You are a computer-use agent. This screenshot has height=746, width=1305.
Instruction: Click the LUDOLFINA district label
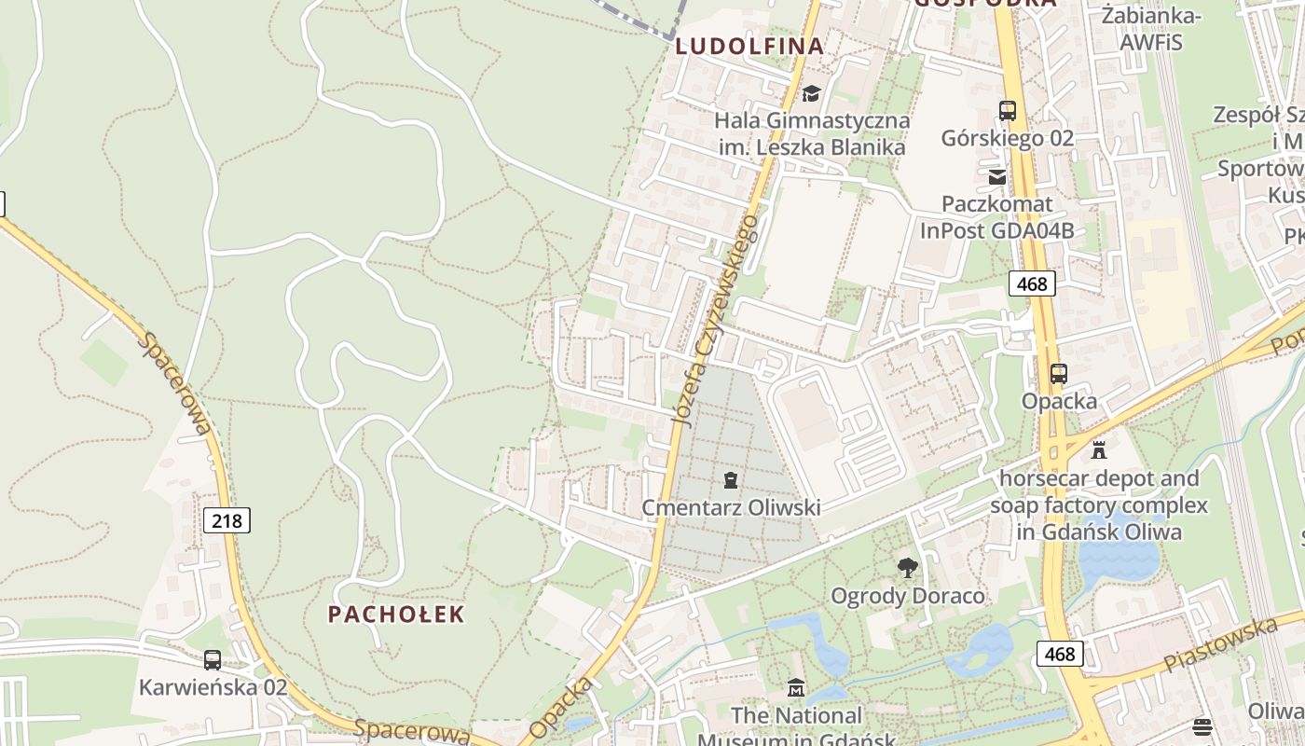pos(749,46)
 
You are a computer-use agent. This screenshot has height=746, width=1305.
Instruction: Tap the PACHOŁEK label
pos(395,614)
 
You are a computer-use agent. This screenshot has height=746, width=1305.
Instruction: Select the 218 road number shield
pos(227,520)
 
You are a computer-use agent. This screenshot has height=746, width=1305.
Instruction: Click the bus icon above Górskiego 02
pos(1008,110)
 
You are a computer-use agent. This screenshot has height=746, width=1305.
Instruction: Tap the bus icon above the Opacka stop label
pos(1059,374)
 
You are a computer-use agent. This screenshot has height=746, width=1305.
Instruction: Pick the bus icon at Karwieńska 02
pos(213,660)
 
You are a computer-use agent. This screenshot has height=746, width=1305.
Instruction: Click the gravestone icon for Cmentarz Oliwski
pos(731,480)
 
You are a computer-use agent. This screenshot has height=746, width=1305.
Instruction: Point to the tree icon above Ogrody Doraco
pos(907,567)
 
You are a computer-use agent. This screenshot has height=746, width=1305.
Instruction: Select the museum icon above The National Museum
pos(795,688)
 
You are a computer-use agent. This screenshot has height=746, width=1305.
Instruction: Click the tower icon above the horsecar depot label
pos(1099,450)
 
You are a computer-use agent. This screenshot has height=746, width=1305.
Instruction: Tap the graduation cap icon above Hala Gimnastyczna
pos(811,93)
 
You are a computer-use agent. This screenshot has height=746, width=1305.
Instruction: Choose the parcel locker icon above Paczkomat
pos(997,176)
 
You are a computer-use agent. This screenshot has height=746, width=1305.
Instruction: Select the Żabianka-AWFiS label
pos(1151,27)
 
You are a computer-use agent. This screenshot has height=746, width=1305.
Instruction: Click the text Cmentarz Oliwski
pos(731,507)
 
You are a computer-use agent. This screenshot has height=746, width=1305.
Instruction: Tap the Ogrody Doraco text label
pos(907,595)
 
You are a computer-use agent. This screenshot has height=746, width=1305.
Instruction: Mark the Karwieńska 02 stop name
pos(213,687)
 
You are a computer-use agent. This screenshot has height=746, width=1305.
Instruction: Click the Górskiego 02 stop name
pos(1007,138)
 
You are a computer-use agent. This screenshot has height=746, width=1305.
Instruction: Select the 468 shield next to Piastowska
pos(1060,654)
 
